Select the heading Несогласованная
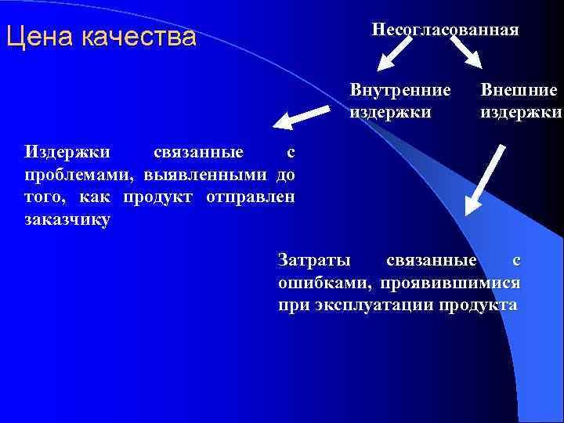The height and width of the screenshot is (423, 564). tap(445, 30)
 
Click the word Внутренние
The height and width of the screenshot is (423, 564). tap(400, 90)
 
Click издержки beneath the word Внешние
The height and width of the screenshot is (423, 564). tap(521, 112)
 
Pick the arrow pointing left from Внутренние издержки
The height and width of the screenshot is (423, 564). tap(301, 117)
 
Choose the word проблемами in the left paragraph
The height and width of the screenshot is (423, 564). tap(71, 173)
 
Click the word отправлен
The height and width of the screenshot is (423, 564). tap(250, 196)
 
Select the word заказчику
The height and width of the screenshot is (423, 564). tap(67, 219)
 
